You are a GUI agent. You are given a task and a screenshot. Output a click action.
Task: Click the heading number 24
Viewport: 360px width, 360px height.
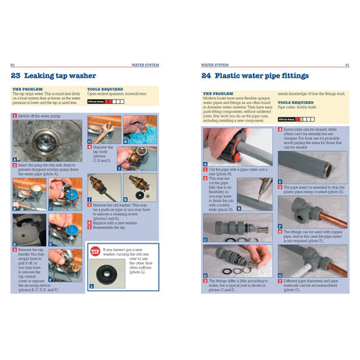pos(207,77)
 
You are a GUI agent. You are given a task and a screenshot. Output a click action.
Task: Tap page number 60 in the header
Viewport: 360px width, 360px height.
pos(12,65)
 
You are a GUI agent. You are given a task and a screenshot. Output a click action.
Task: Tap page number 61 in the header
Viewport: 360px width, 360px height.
pos(346,65)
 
